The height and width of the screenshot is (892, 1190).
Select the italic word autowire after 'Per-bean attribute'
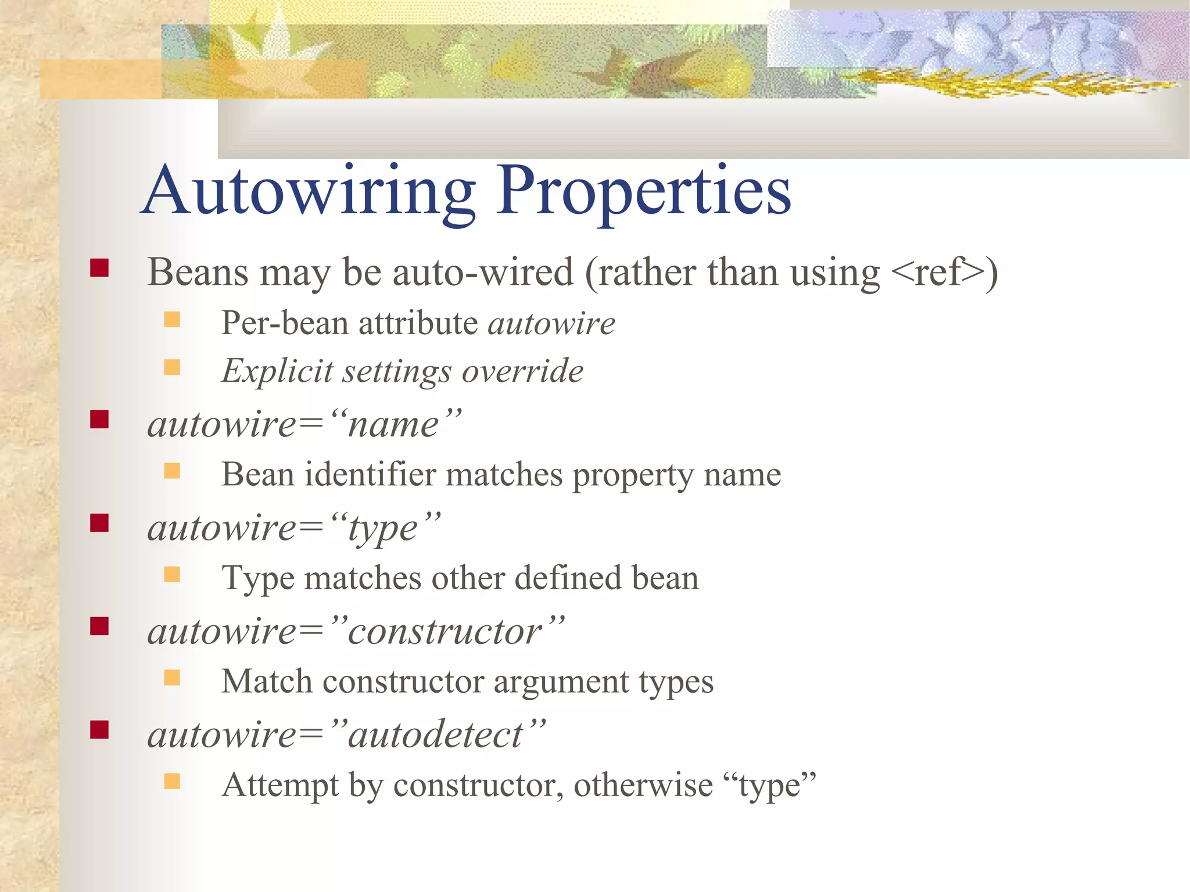pos(551,323)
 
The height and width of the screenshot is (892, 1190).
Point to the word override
pos(522,371)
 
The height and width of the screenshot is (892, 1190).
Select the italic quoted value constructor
pos(445,632)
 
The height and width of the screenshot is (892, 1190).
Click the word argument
pos(561,682)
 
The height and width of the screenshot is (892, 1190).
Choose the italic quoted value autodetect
pos(435,735)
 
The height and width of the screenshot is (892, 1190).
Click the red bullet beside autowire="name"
pos(99,419)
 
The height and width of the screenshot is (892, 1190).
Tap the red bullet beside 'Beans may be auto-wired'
pos(99,267)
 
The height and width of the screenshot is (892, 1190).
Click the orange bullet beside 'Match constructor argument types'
pos(172,678)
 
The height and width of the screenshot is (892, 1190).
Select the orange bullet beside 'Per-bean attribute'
pos(172,319)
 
